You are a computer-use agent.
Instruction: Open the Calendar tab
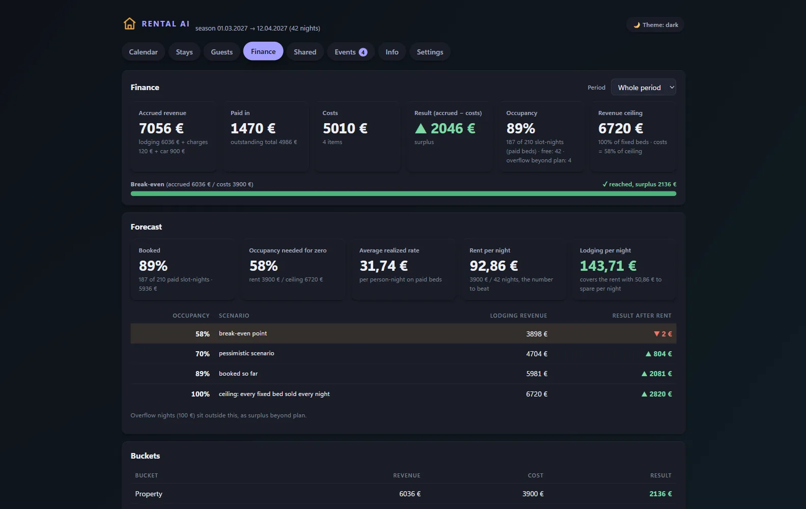point(143,52)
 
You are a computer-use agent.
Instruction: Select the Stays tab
point(184,52)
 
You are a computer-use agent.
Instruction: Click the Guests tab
point(221,52)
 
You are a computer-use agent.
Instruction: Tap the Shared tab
point(305,52)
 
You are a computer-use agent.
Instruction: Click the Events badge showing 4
point(363,52)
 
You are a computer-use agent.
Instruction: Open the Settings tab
point(430,52)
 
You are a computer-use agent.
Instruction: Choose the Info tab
point(392,52)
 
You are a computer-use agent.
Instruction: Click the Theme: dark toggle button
point(655,25)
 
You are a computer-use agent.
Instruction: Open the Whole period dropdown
point(644,88)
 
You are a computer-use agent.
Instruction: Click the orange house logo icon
point(129,24)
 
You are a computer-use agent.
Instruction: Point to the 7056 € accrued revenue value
point(161,128)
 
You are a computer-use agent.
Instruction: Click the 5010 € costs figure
point(345,128)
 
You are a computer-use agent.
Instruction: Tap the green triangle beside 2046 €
point(421,128)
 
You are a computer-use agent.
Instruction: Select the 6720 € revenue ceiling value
point(621,128)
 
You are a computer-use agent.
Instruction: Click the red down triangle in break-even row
point(657,334)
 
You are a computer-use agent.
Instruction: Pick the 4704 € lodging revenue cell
point(537,354)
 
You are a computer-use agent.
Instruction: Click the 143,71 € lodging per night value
point(608,266)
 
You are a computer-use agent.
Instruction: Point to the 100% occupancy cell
point(200,394)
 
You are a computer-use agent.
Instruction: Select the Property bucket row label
point(149,494)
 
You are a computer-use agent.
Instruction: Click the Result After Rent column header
point(642,316)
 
